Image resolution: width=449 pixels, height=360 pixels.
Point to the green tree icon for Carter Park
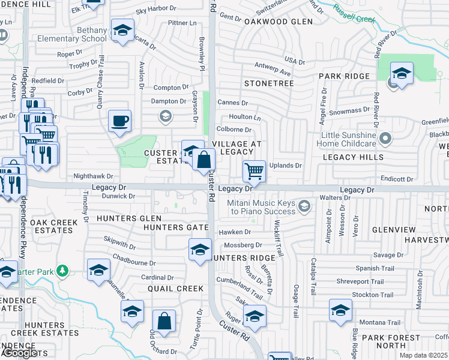61,271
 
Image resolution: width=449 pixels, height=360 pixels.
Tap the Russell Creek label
353,13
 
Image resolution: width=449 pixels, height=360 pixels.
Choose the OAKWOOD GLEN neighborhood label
278,22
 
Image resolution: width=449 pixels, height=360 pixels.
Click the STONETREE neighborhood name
268,83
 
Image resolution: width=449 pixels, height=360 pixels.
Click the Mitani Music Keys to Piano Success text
262,207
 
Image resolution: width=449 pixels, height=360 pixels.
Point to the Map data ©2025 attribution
424,355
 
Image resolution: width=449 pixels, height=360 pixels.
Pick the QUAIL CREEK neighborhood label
176,289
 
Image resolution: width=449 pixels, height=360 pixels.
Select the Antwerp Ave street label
271,73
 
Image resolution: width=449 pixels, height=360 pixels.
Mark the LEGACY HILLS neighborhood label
353,157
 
